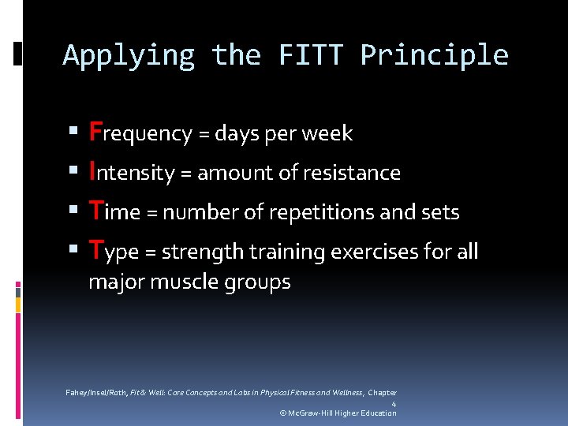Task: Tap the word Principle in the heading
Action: [434, 55]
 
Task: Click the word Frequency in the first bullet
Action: [140, 133]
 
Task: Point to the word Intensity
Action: [131, 172]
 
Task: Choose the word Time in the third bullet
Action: [112, 211]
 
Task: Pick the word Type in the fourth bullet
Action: [114, 251]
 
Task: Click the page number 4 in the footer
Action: [394, 404]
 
